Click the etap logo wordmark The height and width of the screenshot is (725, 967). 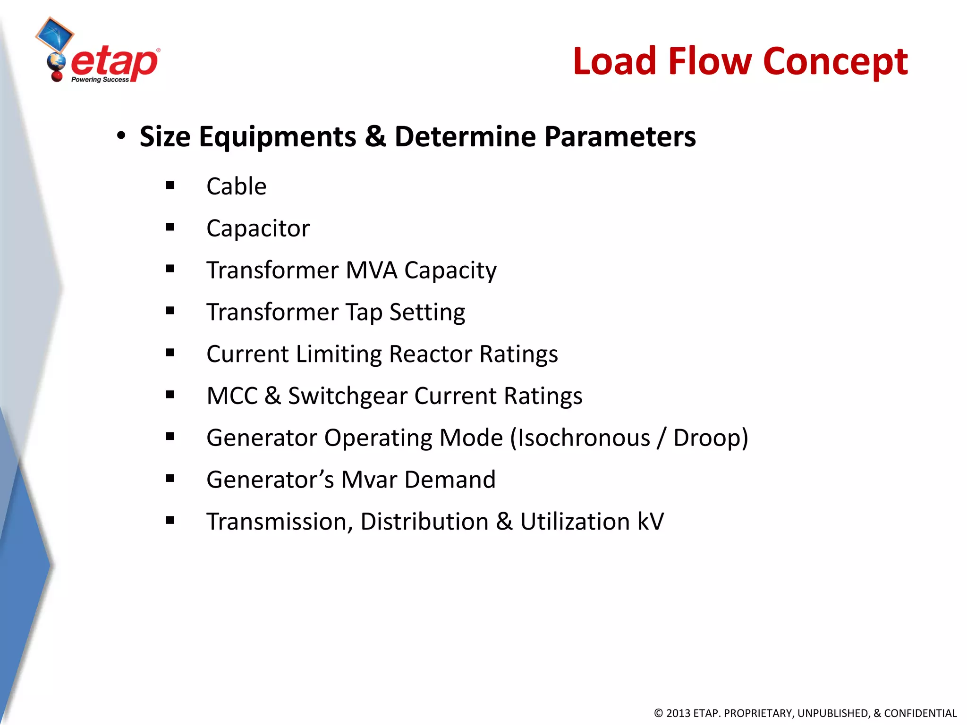(x=114, y=63)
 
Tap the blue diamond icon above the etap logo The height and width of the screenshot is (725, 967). (x=55, y=34)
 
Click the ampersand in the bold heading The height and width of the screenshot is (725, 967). (x=375, y=136)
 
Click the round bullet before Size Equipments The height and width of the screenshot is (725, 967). (x=121, y=136)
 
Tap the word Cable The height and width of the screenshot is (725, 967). (x=236, y=186)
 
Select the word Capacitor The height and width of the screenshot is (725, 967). (x=258, y=229)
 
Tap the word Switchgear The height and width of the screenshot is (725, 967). (x=348, y=396)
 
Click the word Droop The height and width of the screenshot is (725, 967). (x=707, y=438)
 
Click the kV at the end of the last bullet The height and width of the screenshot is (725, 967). (x=650, y=522)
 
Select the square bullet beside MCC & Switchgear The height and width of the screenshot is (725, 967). (x=170, y=395)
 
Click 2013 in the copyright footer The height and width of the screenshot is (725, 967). (x=678, y=713)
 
